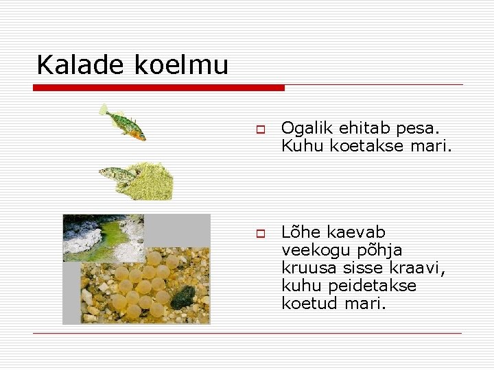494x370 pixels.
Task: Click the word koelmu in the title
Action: [x=181, y=65]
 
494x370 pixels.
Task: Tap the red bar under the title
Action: [x=158, y=88]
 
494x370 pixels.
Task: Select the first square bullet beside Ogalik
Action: [x=261, y=129]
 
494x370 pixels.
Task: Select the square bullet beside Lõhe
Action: [x=261, y=234]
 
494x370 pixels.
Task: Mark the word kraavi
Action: [x=421, y=268]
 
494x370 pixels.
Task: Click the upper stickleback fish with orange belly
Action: [x=123, y=123]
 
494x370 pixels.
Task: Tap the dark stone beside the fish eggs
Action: [x=182, y=297]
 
